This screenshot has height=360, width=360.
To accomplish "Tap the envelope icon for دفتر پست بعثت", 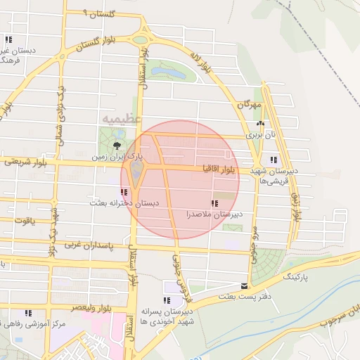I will click(x=244, y=286).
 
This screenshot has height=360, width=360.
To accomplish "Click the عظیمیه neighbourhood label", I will click(x=121, y=118).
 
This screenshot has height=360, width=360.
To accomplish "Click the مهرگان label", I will click(x=250, y=104).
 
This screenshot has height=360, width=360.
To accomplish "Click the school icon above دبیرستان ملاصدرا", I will click(x=214, y=202).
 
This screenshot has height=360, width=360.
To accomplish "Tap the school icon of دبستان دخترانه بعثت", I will click(x=124, y=191).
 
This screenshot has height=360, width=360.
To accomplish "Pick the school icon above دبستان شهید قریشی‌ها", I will click(x=273, y=160).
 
